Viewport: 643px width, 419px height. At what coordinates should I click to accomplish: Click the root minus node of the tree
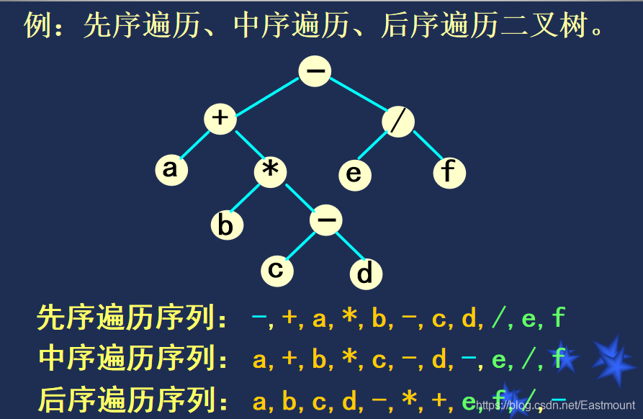tap(315, 71)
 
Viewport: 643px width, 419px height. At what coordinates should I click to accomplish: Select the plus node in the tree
tap(220, 119)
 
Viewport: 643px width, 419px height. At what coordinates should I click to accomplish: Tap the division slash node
tap(398, 121)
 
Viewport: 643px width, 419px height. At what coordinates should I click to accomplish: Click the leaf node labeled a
tap(171, 169)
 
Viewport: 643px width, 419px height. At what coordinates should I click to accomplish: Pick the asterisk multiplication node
tap(271, 171)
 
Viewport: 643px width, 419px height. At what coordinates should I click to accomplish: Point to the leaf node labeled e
tap(354, 174)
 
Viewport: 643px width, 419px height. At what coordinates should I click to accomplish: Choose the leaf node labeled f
tap(449, 172)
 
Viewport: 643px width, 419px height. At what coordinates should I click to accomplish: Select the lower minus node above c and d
tap(326, 220)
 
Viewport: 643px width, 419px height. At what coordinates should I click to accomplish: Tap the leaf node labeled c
tap(276, 269)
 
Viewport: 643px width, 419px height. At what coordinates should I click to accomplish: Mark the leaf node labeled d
tap(366, 273)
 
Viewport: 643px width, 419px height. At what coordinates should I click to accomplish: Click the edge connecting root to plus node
tap(268, 95)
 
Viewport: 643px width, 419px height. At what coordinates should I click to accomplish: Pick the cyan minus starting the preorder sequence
tap(259, 317)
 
